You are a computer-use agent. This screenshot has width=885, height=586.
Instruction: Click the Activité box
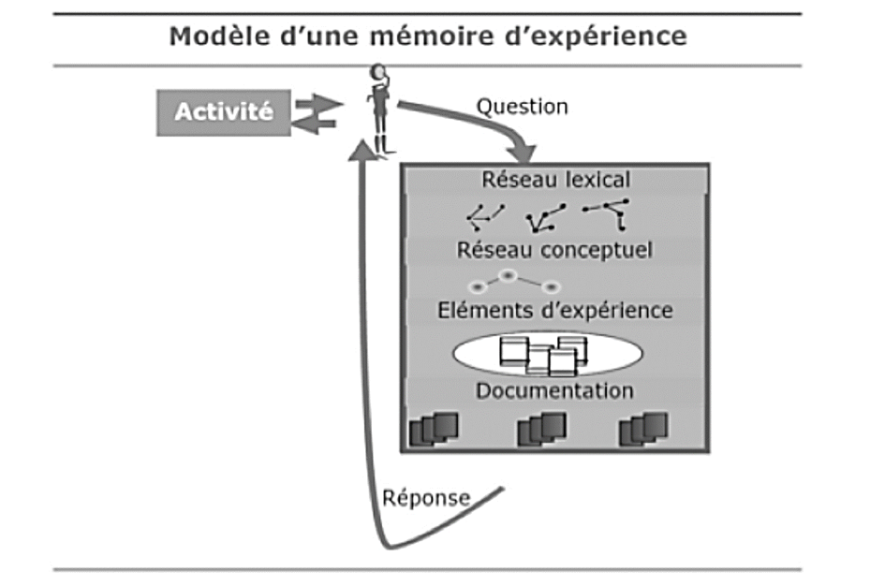tap(224, 113)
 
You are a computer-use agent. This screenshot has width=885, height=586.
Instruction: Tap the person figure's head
tap(377, 73)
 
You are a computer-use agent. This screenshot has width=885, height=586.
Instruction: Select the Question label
tap(523, 107)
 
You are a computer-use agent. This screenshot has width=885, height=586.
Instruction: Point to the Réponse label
tap(426, 497)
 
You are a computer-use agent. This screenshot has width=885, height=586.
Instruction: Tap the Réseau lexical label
tap(555, 179)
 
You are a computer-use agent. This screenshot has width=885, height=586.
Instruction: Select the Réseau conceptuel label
tap(554, 250)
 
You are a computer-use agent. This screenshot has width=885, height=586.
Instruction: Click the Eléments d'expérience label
tap(554, 310)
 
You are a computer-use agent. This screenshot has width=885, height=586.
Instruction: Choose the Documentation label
tap(554, 390)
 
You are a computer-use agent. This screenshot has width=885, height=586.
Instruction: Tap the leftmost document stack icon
tap(435, 429)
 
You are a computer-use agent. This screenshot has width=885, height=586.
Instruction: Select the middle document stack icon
tap(542, 429)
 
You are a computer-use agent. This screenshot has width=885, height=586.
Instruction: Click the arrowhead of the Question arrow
tap(525, 154)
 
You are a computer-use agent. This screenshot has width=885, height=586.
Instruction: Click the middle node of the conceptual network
tap(508, 276)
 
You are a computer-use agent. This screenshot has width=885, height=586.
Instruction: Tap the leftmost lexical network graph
tap(485, 216)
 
